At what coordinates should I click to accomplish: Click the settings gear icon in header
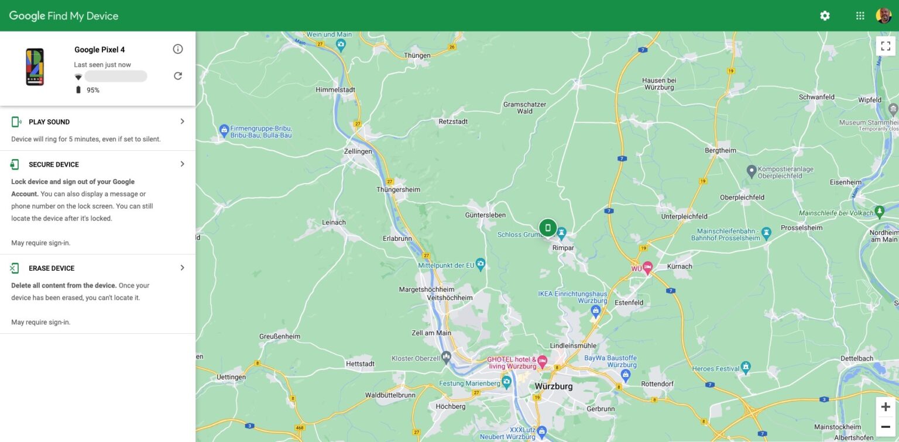click(x=825, y=16)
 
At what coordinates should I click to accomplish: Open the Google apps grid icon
click(x=860, y=16)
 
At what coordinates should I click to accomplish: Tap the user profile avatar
click(x=883, y=16)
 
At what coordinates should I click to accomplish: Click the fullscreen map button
click(x=886, y=46)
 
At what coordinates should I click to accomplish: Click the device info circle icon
click(x=178, y=49)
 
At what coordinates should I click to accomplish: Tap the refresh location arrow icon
click(x=178, y=76)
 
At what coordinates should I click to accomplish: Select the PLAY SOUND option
click(x=49, y=122)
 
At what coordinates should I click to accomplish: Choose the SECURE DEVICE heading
click(x=54, y=164)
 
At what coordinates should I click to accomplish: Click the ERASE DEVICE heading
click(x=52, y=268)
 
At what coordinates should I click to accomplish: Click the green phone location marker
click(x=548, y=227)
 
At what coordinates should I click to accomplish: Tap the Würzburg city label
click(x=554, y=386)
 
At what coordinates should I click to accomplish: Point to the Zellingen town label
click(x=358, y=151)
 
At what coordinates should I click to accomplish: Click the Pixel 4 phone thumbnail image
click(x=35, y=67)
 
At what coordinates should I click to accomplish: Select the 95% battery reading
click(x=92, y=90)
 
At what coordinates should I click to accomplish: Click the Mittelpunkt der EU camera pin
click(x=481, y=264)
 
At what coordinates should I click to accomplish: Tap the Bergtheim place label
click(x=720, y=150)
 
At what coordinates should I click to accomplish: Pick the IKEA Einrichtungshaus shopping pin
click(x=595, y=309)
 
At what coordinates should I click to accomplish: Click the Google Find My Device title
click(x=64, y=16)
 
